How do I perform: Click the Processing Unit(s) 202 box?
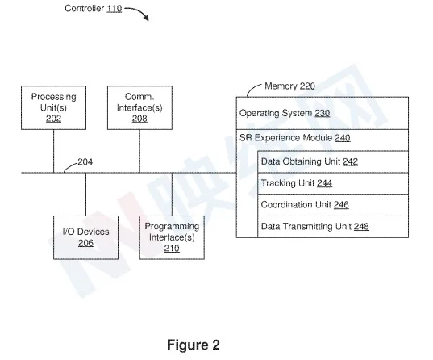[53, 107]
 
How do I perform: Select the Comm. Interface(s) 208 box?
[139, 107]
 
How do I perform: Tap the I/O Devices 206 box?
[86, 237]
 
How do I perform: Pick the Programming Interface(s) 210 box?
[172, 237]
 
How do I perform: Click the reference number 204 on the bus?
[85, 161]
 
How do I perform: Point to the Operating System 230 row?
[323, 113]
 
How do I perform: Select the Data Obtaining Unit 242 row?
[333, 161]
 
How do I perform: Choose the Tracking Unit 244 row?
[333, 183]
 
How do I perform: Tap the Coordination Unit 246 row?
[333, 205]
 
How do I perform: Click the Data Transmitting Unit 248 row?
[333, 227]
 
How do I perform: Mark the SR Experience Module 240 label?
[294, 138]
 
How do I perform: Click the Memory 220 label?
[289, 86]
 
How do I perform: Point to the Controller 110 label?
[94, 9]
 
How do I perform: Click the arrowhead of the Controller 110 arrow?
[147, 18]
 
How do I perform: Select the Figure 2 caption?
[194, 345]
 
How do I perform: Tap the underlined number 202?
[53, 119]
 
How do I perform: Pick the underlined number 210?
[172, 249]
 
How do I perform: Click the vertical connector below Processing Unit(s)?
[53, 151]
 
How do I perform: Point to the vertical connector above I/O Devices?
[86, 195]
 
